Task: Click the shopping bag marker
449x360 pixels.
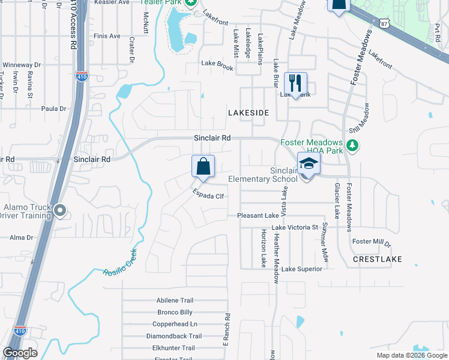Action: [x=203, y=166]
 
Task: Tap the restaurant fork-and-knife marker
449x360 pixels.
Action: [x=295, y=83]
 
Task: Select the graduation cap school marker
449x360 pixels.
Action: [x=308, y=164]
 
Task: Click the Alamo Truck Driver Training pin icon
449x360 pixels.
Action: [x=60, y=211]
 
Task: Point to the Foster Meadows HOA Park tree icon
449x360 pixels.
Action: [x=353, y=145]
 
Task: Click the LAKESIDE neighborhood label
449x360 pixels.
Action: [x=248, y=113]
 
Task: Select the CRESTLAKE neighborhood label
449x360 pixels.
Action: [x=376, y=259]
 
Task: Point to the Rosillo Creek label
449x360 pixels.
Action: [x=120, y=262]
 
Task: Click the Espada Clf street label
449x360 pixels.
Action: [x=208, y=194]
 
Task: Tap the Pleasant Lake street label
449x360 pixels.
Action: [x=258, y=215]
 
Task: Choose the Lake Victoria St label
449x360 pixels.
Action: [x=294, y=228]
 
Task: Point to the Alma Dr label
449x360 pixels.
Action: [x=21, y=238]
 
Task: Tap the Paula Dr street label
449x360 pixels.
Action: [x=53, y=109]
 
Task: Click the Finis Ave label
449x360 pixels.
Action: [x=107, y=36]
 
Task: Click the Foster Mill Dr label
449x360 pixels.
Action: [x=371, y=242]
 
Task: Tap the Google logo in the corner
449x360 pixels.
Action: [x=20, y=353]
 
